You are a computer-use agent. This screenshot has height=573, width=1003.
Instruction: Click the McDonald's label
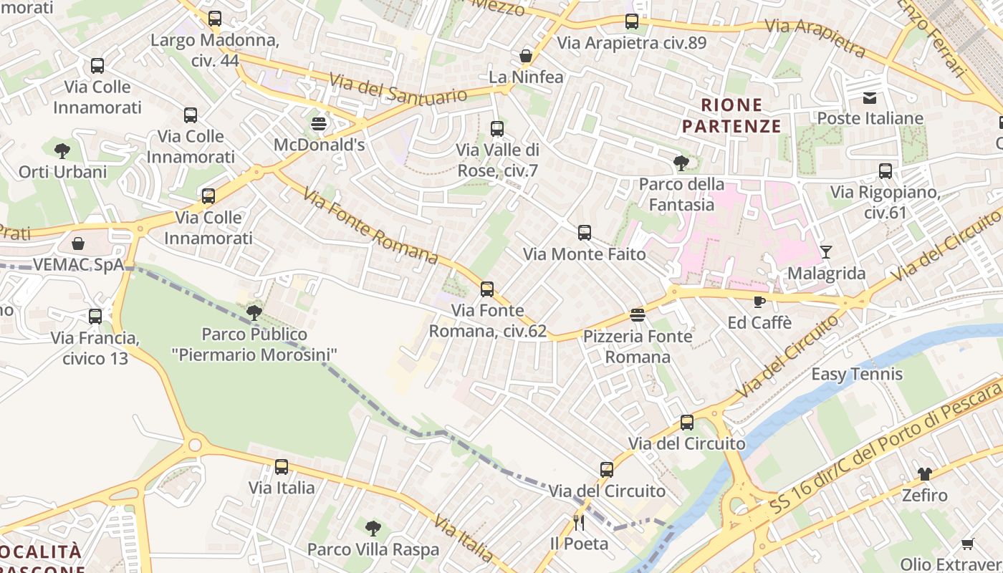tap(320, 145)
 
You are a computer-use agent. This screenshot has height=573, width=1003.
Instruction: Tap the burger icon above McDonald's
tap(319, 124)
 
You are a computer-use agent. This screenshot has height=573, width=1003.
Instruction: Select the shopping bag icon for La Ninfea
tap(526, 56)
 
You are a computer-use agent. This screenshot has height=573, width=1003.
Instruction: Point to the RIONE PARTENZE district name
tap(731, 116)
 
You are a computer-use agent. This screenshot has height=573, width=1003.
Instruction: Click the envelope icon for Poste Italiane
tap(870, 97)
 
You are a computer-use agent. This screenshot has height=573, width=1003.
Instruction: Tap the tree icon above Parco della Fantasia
tap(681, 163)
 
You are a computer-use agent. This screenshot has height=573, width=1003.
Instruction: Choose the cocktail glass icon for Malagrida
tap(826, 252)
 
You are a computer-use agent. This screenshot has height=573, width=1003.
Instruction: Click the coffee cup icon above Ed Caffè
tap(759, 302)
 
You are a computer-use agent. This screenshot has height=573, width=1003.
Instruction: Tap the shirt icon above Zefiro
tap(925, 474)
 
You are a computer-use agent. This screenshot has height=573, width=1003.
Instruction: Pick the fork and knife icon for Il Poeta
tap(580, 522)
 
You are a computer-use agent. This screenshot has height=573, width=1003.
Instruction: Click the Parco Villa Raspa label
tap(373, 549)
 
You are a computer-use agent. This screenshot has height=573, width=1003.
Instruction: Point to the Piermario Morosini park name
tap(254, 345)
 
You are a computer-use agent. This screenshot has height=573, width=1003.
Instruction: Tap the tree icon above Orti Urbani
tap(62, 150)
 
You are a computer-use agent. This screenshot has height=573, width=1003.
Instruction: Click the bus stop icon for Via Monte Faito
tap(585, 233)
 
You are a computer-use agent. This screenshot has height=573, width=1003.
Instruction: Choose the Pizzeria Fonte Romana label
tap(638, 346)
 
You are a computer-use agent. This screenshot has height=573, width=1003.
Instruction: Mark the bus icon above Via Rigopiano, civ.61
tap(886, 171)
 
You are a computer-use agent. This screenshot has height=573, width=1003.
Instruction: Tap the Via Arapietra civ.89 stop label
tap(632, 43)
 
